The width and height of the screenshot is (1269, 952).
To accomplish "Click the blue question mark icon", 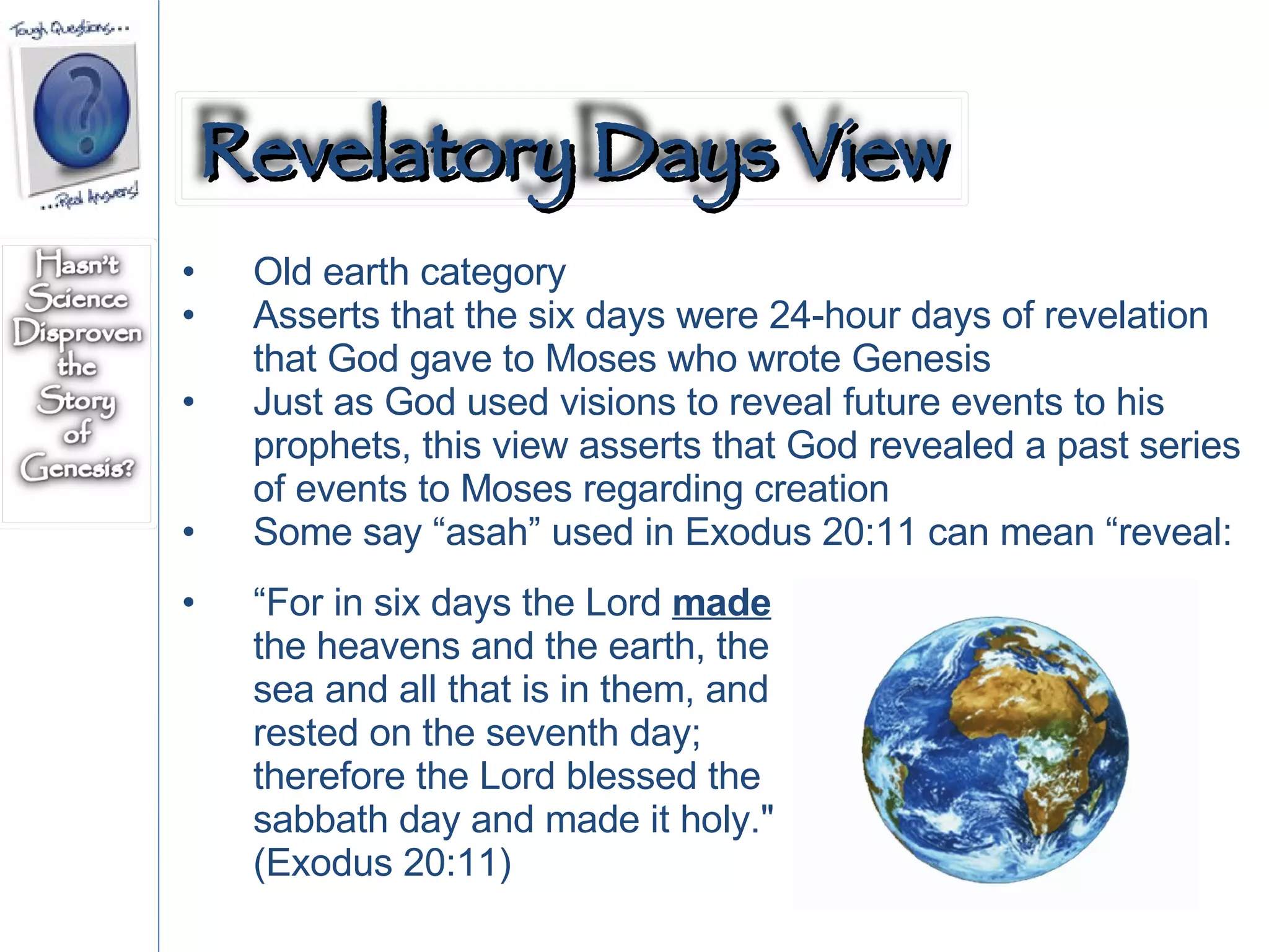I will pyautogui.click(x=82, y=112).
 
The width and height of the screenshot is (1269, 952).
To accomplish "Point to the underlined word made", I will pyautogui.click(x=721, y=603).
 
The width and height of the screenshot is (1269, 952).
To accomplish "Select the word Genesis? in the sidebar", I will pyautogui.click(x=77, y=467).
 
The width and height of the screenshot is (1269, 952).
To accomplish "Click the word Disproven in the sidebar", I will pyautogui.click(x=77, y=333).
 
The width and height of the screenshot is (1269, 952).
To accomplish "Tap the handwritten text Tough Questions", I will pyautogui.click(x=68, y=29).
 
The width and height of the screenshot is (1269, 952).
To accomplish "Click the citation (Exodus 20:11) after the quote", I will pyautogui.click(x=382, y=863).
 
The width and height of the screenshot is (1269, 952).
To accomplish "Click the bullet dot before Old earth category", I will pyautogui.click(x=189, y=271).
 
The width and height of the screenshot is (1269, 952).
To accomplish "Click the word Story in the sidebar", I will pyautogui.click(x=77, y=400).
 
